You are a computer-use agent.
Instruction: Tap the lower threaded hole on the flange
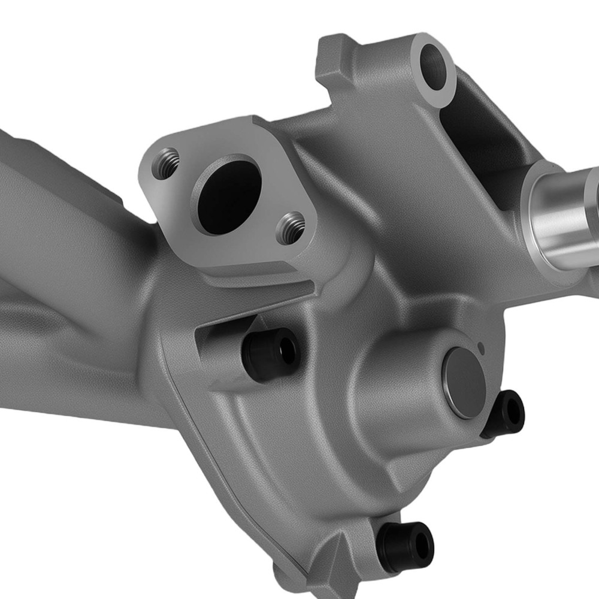pos(292,228)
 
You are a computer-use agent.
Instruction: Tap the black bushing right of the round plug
pos(504,413)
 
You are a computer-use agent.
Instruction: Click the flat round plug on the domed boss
pos(464,383)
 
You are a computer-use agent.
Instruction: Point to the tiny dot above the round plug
pos(480,346)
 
